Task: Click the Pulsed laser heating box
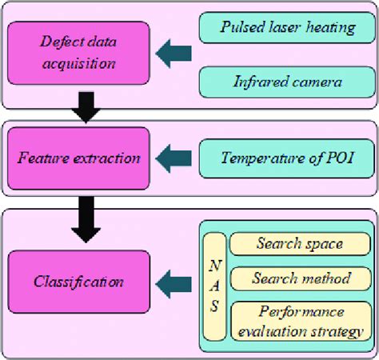click(287, 29)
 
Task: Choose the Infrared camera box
click(287, 81)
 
